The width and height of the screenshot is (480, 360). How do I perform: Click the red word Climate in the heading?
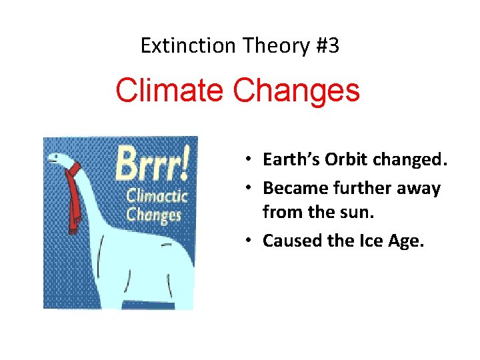click(x=171, y=91)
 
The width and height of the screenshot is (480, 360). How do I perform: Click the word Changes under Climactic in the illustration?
click(x=153, y=215)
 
